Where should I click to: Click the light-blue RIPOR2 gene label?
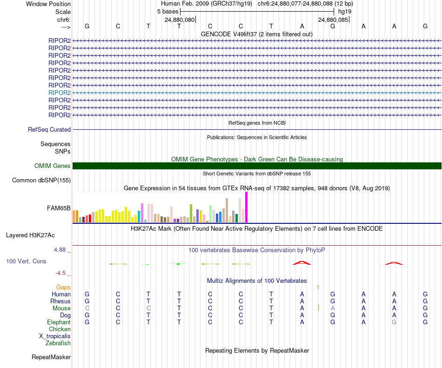coord(59,93)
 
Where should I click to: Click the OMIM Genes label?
coord(52,166)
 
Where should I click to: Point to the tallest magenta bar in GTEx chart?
coord(247,207)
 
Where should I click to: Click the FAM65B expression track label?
coord(59,208)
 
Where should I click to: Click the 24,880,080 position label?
coord(180,20)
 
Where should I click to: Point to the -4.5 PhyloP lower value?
coord(61,273)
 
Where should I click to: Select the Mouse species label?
coord(61,308)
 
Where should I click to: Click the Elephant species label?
coord(59,322)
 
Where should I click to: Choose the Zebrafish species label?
coord(58,343)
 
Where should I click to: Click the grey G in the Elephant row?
coord(394,322)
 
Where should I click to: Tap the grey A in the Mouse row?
coord(333,308)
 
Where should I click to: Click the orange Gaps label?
coord(63,288)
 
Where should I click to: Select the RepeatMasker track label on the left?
coord(51,357)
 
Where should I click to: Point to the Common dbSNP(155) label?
coord(41,181)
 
